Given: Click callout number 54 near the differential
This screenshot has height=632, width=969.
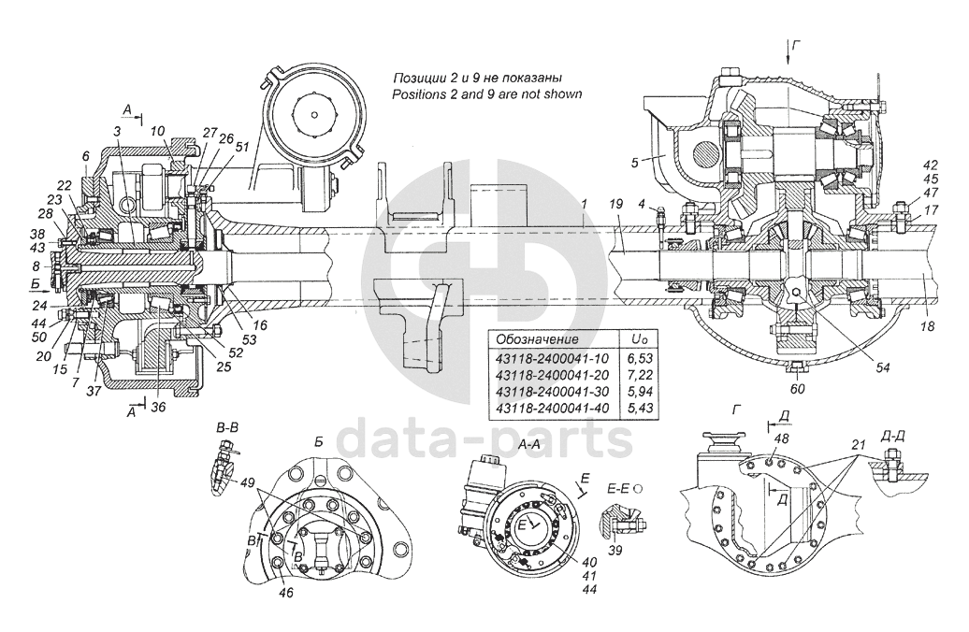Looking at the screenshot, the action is point(883,367).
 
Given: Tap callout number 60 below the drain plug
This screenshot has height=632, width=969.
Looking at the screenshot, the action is point(798,389).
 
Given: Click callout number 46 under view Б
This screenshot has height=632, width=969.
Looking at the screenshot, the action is point(285,593).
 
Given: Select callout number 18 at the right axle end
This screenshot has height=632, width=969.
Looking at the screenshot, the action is point(927,327).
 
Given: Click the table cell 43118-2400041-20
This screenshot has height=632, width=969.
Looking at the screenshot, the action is point(553,374).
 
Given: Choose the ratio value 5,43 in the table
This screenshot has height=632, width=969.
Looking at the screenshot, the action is point(640,408).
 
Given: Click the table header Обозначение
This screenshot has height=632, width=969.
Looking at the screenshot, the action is point(538,339).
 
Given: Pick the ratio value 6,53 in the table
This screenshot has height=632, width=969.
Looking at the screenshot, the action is point(640,358).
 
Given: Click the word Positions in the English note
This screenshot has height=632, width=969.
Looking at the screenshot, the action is point(416,94).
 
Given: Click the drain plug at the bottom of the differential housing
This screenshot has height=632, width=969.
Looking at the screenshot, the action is point(797,368).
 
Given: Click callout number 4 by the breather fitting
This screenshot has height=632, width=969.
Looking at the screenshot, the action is point(642,203).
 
